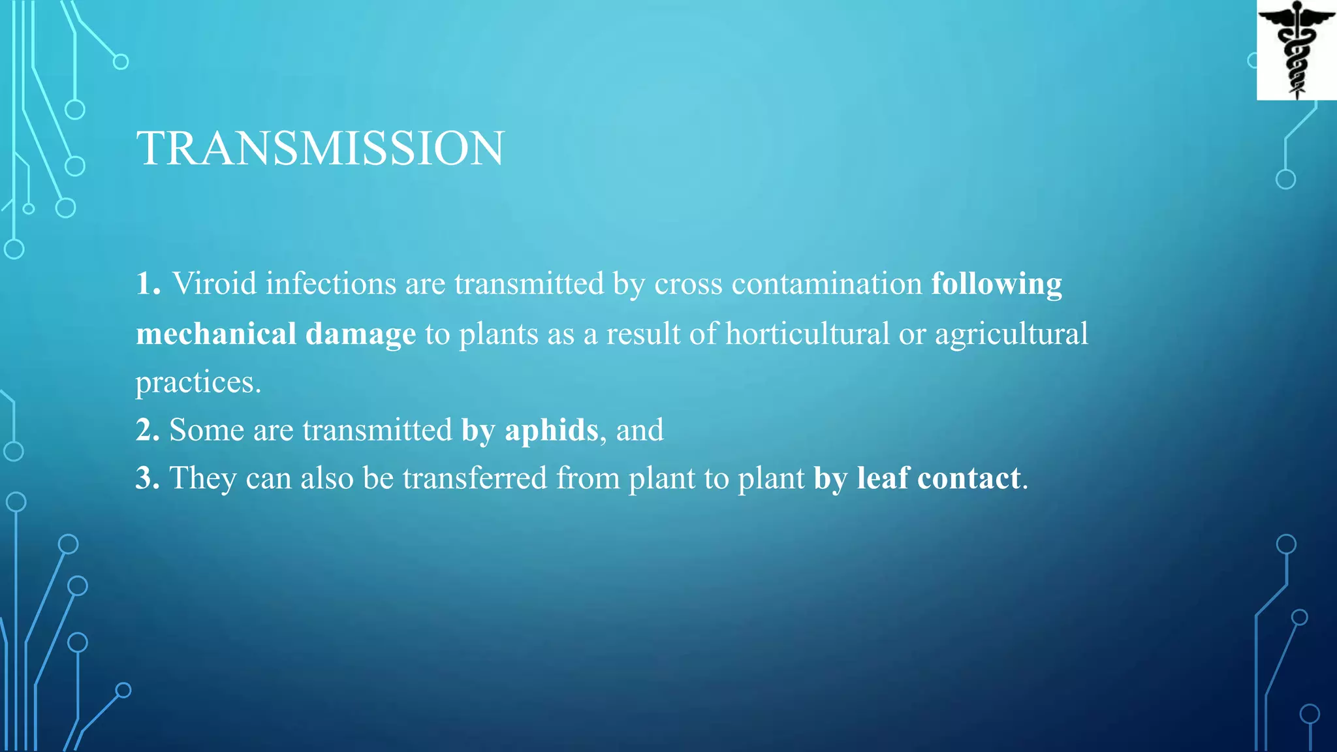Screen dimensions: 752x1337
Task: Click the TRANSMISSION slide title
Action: [x=320, y=148]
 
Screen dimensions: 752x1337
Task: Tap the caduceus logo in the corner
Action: [x=1297, y=50]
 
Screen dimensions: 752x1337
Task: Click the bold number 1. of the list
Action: [x=148, y=284]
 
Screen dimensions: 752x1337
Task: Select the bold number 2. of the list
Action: [x=148, y=430]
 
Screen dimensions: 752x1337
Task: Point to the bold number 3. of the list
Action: [x=148, y=478]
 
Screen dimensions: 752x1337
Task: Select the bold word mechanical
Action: [x=215, y=334]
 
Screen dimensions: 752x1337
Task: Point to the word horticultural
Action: [x=808, y=334]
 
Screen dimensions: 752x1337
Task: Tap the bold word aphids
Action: [x=552, y=430]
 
